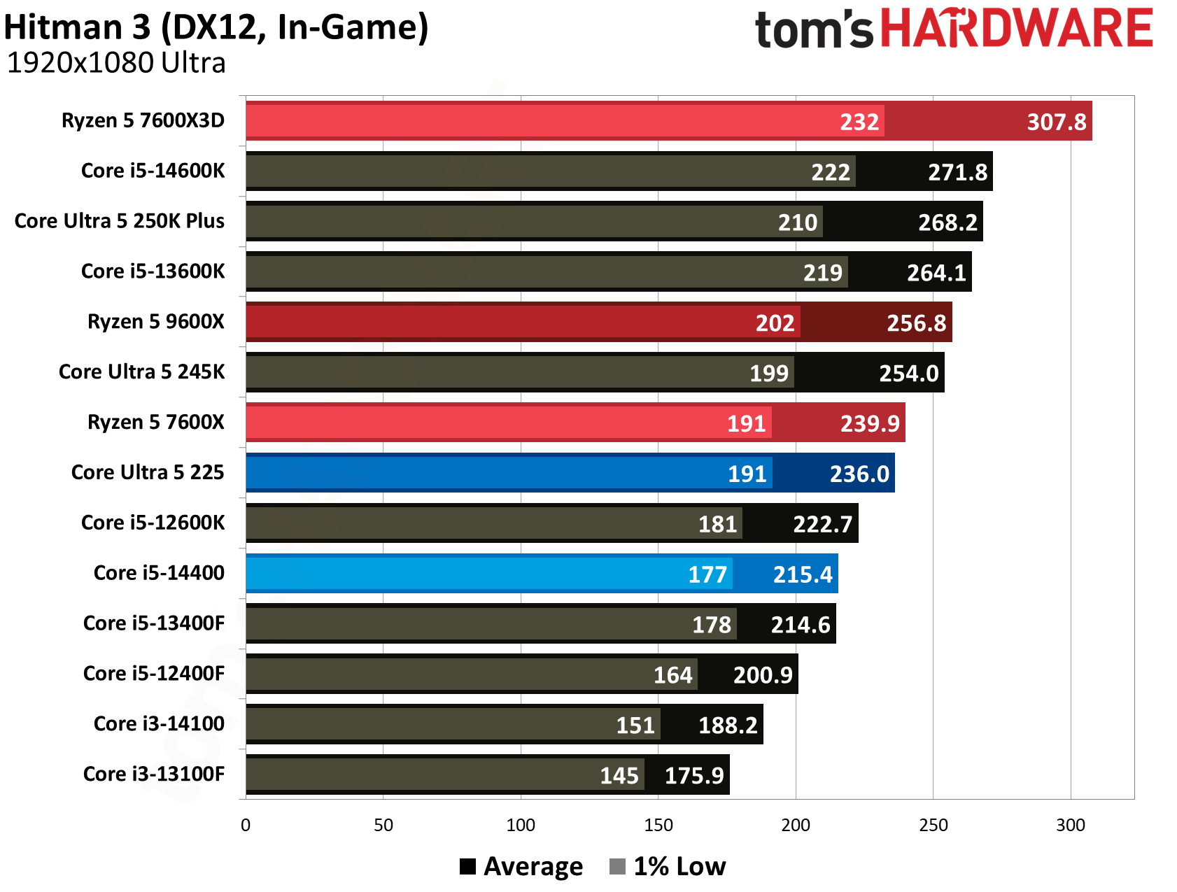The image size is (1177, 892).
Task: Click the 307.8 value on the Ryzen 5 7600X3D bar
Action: coord(1057,122)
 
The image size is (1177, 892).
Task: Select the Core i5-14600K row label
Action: coord(153,171)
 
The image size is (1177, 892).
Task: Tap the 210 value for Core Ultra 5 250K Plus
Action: coord(798,222)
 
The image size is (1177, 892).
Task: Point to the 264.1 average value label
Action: coord(936,273)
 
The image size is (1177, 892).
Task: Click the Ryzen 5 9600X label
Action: coord(156,322)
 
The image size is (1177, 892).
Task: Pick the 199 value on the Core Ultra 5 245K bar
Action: coord(769,374)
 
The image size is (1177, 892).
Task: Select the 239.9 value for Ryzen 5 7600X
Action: coord(870,424)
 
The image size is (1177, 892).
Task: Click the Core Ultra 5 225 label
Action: coord(148,472)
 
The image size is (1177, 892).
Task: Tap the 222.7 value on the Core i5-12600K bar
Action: coord(823,525)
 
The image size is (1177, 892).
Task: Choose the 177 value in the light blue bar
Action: coord(707,575)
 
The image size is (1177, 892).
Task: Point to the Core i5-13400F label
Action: coord(154,623)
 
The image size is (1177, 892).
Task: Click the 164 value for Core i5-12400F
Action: coord(673,675)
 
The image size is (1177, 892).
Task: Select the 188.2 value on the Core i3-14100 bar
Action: coord(728,725)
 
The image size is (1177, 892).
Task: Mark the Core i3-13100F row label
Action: coord(154,774)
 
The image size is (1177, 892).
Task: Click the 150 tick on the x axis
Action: coord(658,826)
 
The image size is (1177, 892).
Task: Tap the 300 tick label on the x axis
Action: coord(1071,826)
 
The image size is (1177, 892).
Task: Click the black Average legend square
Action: coord(467,867)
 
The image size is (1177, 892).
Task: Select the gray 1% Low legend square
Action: coord(617,867)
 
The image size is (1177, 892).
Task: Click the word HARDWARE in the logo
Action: coord(1016,29)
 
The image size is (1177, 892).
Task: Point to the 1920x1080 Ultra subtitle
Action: coord(116,63)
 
